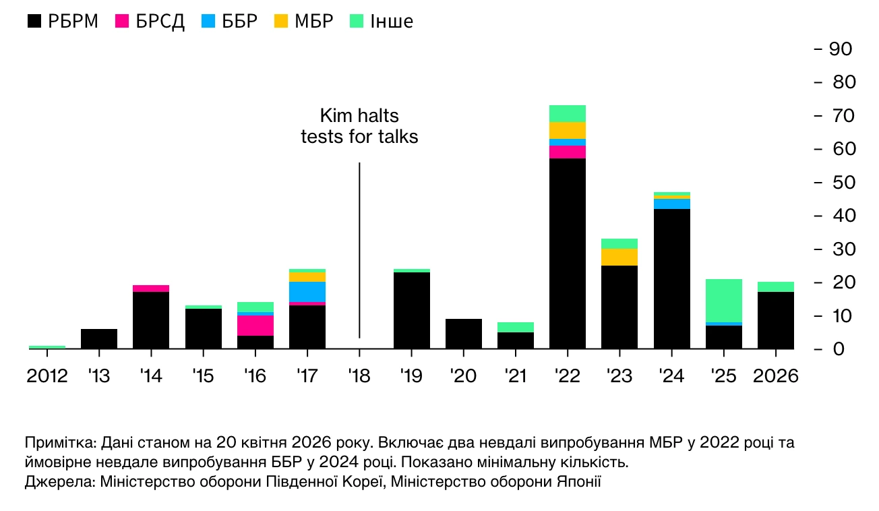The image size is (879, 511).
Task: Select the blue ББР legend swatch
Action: click(x=208, y=22)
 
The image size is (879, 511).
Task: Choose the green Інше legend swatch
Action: click(x=357, y=22)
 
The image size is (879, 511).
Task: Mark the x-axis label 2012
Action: click(x=47, y=375)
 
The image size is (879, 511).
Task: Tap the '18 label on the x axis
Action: click(x=359, y=375)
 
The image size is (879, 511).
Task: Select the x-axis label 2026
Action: click(x=775, y=375)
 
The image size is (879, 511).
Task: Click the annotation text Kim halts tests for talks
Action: click(x=359, y=126)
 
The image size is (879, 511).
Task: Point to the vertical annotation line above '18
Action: click(x=359, y=249)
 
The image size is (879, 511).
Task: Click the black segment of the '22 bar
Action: click(x=568, y=253)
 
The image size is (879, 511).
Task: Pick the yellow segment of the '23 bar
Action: click(x=619, y=257)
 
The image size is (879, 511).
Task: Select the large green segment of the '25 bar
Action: click(x=724, y=300)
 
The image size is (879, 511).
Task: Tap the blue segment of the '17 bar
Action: click(x=307, y=291)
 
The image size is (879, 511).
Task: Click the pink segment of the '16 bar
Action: click(x=255, y=325)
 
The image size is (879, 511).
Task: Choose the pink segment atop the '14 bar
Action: click(x=151, y=288)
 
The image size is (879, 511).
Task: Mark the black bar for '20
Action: click(x=464, y=334)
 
